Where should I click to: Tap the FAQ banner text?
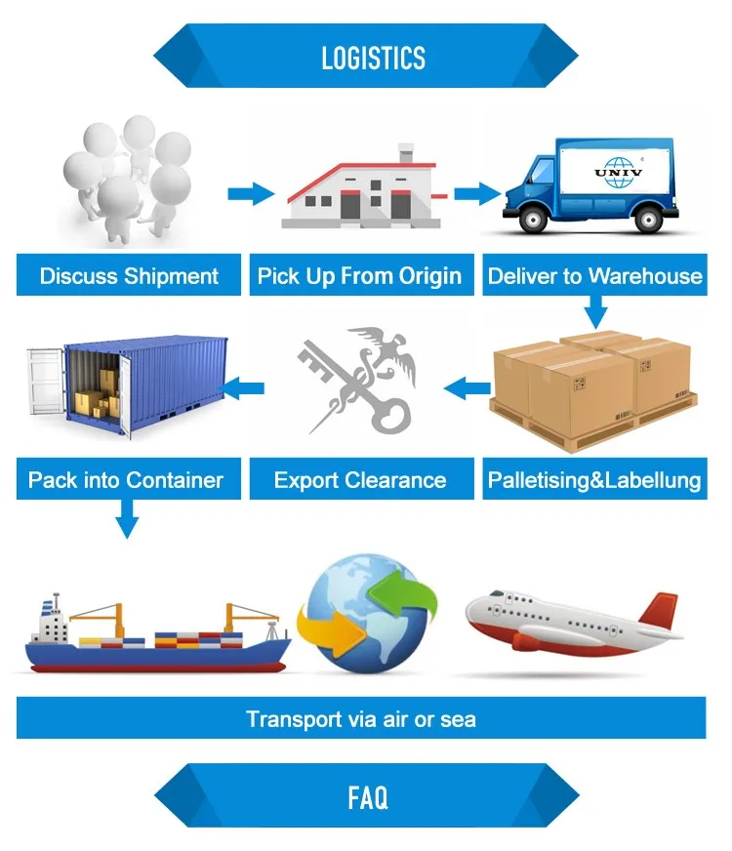pos(367,798)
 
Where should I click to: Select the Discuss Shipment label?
pos(129,276)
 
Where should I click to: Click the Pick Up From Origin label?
pos(359,276)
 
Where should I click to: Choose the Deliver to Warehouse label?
pos(594,276)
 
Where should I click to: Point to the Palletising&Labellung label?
pos(594,480)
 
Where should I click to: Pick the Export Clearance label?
pos(359,480)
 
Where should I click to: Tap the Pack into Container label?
pos(126,480)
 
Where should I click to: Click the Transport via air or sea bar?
pos(361,720)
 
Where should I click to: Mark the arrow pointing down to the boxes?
pos(596,313)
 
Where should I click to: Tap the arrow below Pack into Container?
pos(126,518)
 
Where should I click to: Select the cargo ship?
pos(156,639)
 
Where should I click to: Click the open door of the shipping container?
pos(45,382)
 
